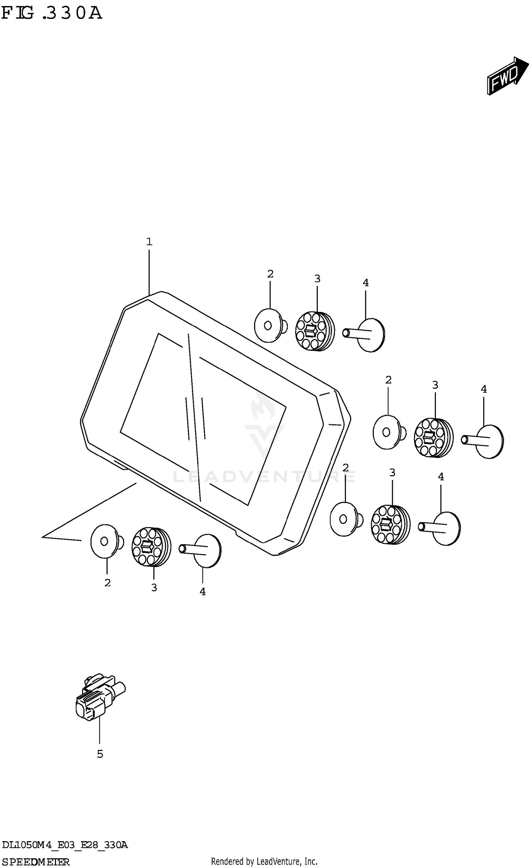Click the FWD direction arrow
point(508,76)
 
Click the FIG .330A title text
point(51,13)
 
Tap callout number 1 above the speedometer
point(149,242)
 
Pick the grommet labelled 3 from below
point(151,547)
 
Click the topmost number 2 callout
point(270,274)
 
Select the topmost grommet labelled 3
point(315,331)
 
